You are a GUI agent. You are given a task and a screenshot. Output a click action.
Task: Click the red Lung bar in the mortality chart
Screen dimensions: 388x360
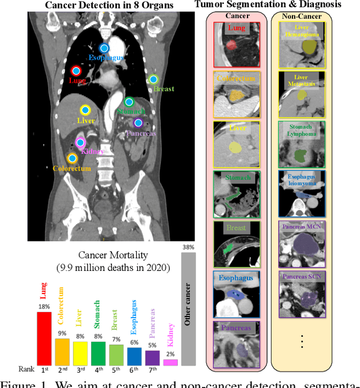(x=44, y=337)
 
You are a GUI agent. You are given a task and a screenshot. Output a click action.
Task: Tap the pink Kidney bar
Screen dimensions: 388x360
(x=170, y=362)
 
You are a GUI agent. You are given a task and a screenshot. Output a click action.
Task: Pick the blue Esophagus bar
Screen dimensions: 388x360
(x=134, y=356)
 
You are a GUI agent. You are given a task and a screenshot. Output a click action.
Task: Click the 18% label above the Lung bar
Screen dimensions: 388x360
(x=44, y=307)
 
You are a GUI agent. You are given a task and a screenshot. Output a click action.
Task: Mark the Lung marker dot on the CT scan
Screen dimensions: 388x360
(x=76, y=71)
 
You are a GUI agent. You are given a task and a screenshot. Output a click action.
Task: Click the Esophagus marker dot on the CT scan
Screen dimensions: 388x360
(x=103, y=48)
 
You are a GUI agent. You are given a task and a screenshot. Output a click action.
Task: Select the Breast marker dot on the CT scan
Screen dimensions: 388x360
(x=154, y=79)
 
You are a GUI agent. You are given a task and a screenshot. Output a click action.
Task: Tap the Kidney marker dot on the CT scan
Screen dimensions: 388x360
(x=80, y=143)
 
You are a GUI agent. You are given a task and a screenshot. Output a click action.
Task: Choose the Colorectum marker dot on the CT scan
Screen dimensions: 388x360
(x=72, y=159)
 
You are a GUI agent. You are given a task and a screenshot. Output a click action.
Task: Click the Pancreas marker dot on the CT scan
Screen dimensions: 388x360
(x=137, y=123)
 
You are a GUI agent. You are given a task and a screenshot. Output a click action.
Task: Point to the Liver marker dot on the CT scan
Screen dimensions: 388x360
(x=85, y=110)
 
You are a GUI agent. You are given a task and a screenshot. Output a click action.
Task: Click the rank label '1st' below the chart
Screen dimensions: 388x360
(x=44, y=370)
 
